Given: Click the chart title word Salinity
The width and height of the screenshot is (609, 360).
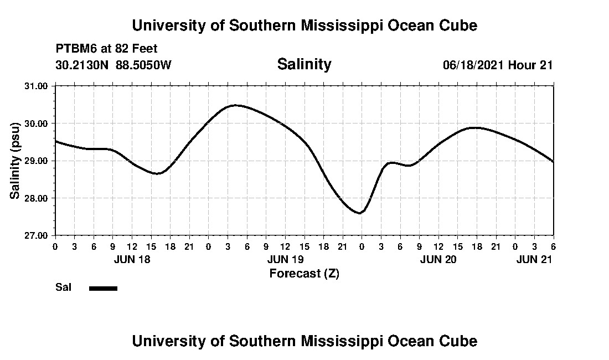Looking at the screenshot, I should (304, 64).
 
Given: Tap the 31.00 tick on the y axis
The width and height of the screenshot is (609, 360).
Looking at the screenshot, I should (37, 86).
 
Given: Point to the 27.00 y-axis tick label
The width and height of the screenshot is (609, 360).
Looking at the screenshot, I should (37, 235).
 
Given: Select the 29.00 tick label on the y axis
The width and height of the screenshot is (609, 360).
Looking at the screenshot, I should (37, 161).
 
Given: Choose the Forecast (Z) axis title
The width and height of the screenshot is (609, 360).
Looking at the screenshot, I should (304, 273).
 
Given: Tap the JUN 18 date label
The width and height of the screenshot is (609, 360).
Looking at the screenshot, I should (132, 259).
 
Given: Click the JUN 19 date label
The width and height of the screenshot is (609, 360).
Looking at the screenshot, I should (285, 259).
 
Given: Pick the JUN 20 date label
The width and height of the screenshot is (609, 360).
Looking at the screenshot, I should (438, 259).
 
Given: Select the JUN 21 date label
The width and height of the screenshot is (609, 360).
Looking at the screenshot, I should (534, 259).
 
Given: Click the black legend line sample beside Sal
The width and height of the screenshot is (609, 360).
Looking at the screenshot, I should (103, 288).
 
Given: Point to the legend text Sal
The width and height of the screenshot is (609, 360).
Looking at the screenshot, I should (63, 287).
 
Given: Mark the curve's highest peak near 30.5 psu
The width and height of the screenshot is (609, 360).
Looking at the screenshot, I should (235, 105).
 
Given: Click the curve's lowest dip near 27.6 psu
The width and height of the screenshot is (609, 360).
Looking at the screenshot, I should (360, 213).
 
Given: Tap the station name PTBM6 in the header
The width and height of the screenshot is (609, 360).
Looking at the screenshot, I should (75, 49).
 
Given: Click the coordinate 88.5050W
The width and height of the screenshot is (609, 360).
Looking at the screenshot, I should (144, 65).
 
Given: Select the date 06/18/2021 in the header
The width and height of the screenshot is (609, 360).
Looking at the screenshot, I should (473, 65).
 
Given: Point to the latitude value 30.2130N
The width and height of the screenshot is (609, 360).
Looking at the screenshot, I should (83, 65).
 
